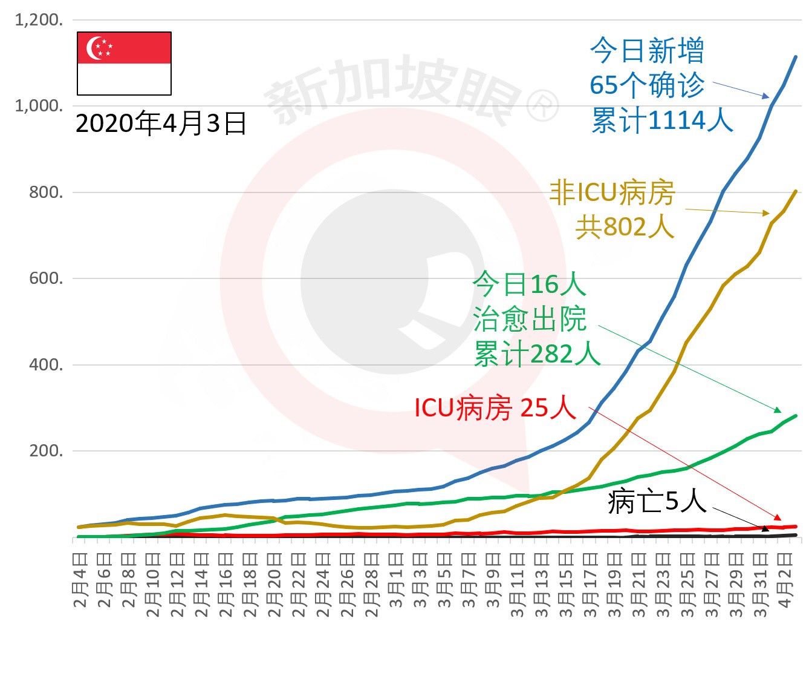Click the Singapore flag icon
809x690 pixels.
coord(124,63)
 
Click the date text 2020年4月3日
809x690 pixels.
coord(161,123)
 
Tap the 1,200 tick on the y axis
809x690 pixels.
coord(39,20)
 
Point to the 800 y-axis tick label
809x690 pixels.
coord(46,192)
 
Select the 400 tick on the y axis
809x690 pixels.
coord(46,365)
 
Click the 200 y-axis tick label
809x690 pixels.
coord(46,451)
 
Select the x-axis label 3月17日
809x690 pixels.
coord(590,585)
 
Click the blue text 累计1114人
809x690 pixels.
coord(662,120)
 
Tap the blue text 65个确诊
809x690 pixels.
coord(647,85)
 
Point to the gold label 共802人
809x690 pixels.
coord(624,226)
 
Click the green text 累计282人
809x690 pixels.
coord(537,353)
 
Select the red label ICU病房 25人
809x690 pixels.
coord(495,408)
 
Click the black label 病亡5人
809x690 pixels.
coord(657,501)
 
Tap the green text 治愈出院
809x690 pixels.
coord(530,319)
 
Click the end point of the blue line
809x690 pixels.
coord(795,57)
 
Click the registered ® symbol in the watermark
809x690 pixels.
coord(542,106)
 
